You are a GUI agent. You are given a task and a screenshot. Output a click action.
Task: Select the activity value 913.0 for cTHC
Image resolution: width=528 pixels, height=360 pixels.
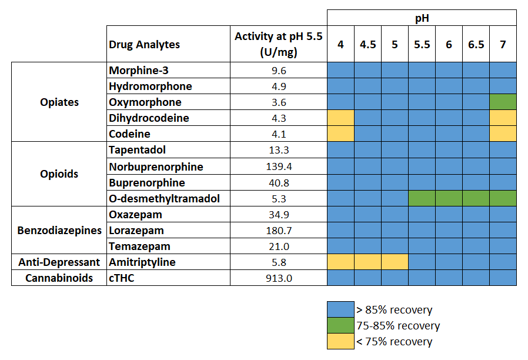279,278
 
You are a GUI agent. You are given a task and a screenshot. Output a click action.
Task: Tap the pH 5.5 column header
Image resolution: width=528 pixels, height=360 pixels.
422,44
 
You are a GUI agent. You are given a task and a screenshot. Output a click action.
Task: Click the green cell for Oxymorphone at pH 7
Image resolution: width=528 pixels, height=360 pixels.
503,102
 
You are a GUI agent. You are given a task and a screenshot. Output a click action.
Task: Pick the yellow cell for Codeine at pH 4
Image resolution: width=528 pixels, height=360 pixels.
340,134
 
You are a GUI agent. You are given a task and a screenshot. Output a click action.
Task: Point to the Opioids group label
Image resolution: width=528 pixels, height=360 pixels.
59,174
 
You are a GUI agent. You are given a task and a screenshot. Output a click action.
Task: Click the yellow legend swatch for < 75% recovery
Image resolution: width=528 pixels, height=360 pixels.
340,342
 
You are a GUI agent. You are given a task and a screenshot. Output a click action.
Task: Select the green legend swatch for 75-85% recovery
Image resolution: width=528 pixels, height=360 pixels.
340,326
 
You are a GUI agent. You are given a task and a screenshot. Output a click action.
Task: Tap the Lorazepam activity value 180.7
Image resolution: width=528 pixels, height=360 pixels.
279,231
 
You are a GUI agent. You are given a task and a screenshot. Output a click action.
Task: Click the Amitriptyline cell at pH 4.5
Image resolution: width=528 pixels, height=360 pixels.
367,262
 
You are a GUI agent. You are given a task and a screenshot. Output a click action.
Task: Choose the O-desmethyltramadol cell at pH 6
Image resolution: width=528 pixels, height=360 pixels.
449,198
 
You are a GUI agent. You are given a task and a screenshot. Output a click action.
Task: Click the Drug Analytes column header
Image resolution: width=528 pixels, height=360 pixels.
145,44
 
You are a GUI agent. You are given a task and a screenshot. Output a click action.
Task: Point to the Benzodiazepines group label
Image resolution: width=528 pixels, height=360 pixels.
59,231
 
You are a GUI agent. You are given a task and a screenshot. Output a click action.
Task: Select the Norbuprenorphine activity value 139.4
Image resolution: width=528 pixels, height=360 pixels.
279,166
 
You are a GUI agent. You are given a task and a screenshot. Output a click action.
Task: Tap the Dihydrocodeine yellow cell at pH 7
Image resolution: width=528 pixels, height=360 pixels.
503,118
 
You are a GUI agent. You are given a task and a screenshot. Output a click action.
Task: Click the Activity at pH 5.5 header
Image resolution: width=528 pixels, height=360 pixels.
279,44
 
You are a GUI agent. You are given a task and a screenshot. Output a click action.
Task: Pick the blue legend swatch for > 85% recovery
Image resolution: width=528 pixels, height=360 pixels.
340,310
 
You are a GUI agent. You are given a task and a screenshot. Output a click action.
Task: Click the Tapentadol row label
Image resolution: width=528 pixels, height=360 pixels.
137,150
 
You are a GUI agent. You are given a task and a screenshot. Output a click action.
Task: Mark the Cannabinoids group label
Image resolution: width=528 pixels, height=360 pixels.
59,278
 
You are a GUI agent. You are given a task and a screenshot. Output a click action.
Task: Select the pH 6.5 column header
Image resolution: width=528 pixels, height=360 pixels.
476,44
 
